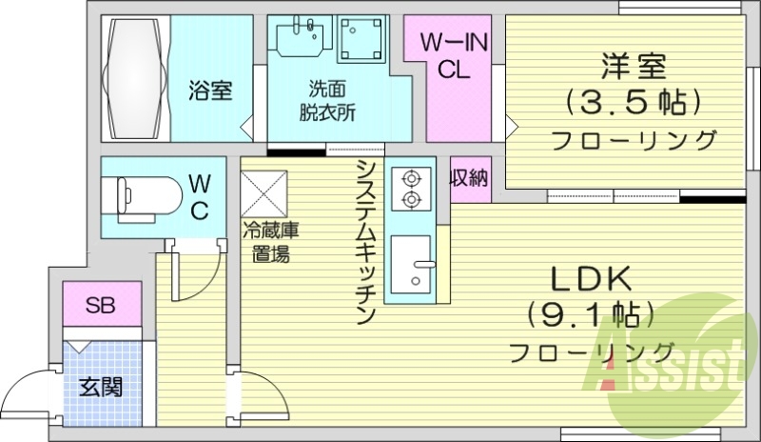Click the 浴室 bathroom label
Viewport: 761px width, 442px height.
[x=211, y=91]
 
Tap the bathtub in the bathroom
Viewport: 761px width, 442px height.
[x=134, y=78]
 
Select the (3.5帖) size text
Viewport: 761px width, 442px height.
[x=633, y=101]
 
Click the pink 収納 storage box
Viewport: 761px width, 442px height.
[x=470, y=178]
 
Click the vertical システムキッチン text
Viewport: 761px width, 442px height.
[x=365, y=242]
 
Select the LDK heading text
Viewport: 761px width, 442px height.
[x=592, y=279]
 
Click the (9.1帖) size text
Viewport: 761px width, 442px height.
[x=592, y=314]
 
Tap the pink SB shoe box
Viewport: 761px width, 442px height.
[x=100, y=306]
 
